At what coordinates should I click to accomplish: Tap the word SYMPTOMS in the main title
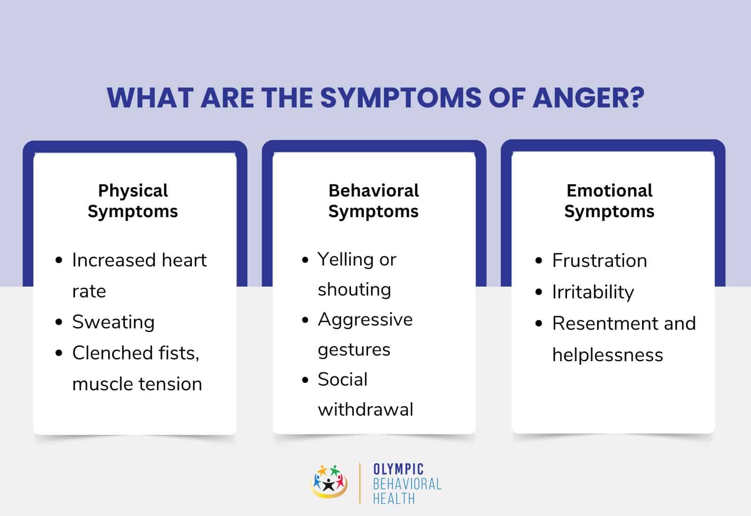[x=401, y=98]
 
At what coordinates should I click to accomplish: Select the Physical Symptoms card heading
[x=133, y=201]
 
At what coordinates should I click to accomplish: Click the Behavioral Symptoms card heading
[x=374, y=201]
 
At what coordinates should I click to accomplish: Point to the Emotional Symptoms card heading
[x=609, y=201]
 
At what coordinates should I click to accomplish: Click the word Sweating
[x=113, y=322]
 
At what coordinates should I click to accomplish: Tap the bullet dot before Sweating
[x=59, y=322]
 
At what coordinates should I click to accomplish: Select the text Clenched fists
[x=135, y=353]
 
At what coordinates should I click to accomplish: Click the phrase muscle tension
[x=137, y=384]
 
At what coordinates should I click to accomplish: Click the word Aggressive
[x=365, y=320]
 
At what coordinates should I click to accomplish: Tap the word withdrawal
[x=366, y=410]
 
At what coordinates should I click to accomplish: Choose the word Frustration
[x=599, y=261]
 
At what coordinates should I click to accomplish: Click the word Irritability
[x=593, y=292]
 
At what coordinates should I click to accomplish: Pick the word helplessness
[x=607, y=355]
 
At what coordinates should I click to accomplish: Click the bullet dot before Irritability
[x=539, y=292]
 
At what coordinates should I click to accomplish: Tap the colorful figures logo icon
[x=329, y=482]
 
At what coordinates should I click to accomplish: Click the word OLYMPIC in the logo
[x=398, y=469]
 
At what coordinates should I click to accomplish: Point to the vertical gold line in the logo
[x=360, y=483]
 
